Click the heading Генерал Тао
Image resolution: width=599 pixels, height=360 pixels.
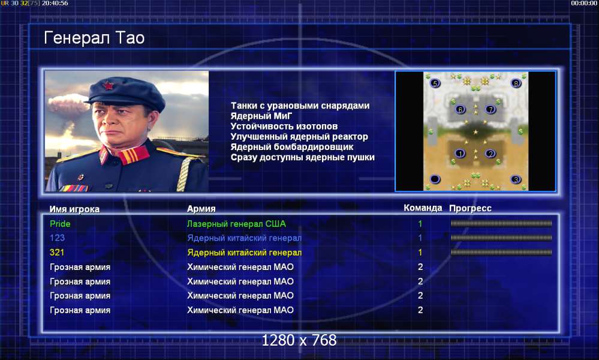click(x=94, y=38)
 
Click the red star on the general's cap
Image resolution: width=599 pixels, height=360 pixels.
click(x=109, y=85)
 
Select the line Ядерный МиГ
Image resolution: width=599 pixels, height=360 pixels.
click(x=261, y=116)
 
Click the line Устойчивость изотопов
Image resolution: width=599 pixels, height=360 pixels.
click(x=284, y=126)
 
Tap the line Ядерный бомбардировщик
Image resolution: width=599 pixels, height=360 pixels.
click(x=292, y=147)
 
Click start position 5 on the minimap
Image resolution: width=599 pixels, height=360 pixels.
click(x=435, y=83)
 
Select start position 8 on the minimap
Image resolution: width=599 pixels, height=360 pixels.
click(x=516, y=83)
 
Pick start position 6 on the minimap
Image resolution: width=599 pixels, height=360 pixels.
click(x=460, y=109)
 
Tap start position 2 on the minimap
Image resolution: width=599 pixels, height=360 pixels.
click(x=490, y=154)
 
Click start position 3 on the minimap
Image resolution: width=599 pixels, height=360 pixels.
click(x=516, y=179)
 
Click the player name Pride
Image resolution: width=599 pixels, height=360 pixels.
click(x=60, y=224)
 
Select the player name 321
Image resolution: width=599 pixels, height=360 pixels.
click(x=57, y=252)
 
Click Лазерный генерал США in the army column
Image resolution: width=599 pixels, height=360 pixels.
click(x=236, y=224)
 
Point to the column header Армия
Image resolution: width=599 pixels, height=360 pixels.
click(x=201, y=209)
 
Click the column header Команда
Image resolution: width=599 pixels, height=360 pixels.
click(x=423, y=208)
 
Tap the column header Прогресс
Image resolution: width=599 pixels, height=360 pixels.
click(x=470, y=208)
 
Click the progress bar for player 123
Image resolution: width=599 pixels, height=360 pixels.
click(x=501, y=238)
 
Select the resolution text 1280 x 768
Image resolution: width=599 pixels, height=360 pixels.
click(x=299, y=340)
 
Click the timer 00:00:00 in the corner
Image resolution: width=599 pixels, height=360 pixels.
click(x=584, y=3)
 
